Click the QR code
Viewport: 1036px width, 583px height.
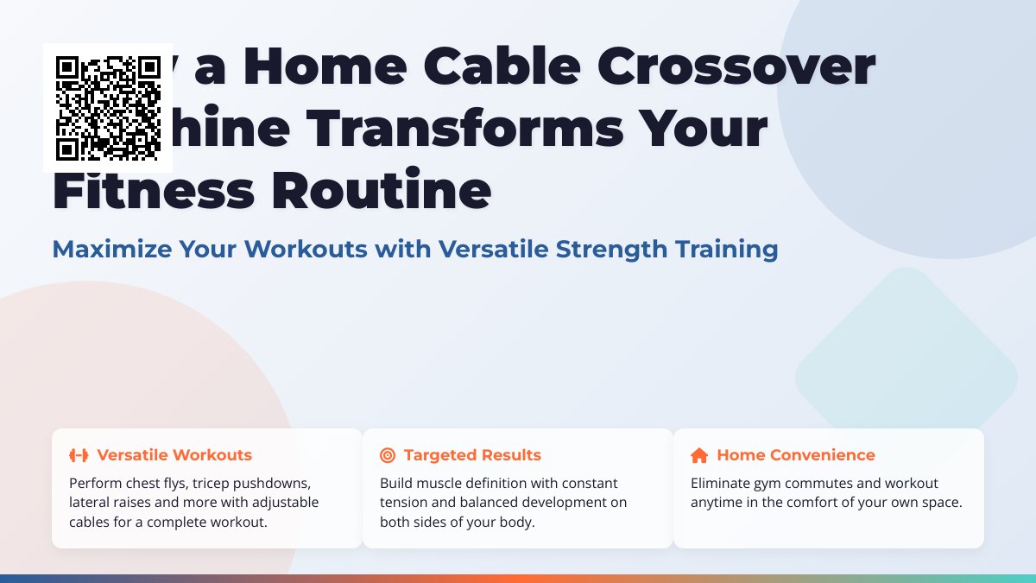108,108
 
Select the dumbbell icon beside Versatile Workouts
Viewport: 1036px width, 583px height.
79,455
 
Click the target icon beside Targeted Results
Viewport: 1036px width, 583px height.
388,455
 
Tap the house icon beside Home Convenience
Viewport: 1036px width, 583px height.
699,455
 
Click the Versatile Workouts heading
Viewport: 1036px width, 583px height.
174,455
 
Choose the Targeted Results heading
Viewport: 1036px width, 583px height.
472,455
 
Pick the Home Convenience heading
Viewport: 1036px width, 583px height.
795,455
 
